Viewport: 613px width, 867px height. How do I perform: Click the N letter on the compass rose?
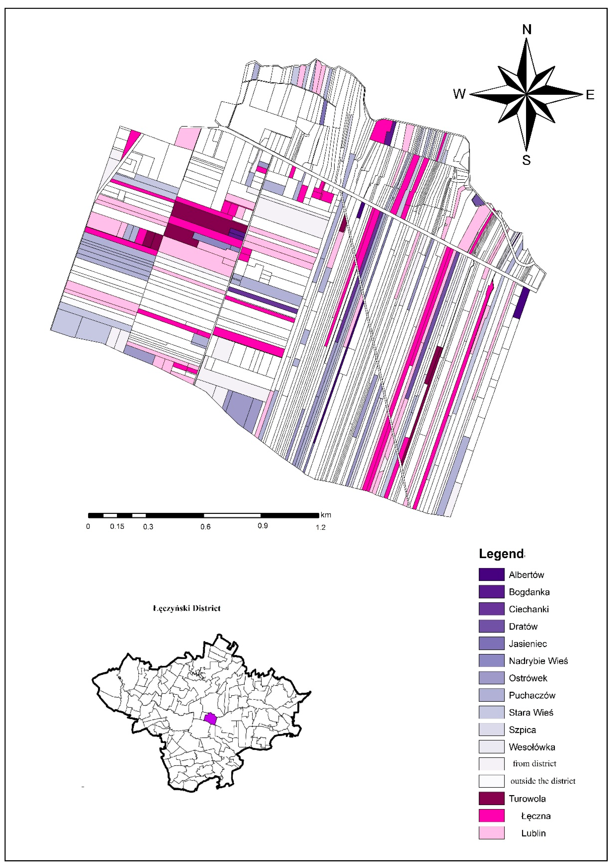pos(526,30)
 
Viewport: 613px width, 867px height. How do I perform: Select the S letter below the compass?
pos(526,160)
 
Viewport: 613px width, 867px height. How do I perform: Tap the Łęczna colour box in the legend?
pos(491,816)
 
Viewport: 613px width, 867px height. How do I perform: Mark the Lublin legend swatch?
pos(491,833)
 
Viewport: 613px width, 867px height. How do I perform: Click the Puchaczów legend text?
pos(532,695)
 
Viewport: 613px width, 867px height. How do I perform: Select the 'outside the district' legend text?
pos(543,781)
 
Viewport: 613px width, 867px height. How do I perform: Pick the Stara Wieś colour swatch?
pos(491,712)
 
